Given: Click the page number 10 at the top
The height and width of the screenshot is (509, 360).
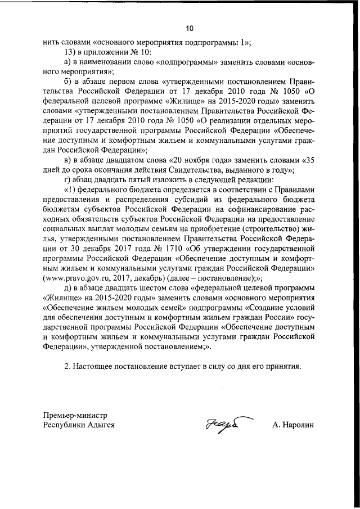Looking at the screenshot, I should click(x=189, y=28).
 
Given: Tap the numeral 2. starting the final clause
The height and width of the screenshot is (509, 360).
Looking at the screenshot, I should click(x=67, y=366).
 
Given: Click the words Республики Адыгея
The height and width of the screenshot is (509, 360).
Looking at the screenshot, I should click(x=79, y=425).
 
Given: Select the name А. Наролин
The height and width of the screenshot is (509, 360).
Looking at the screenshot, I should click(x=292, y=425).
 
